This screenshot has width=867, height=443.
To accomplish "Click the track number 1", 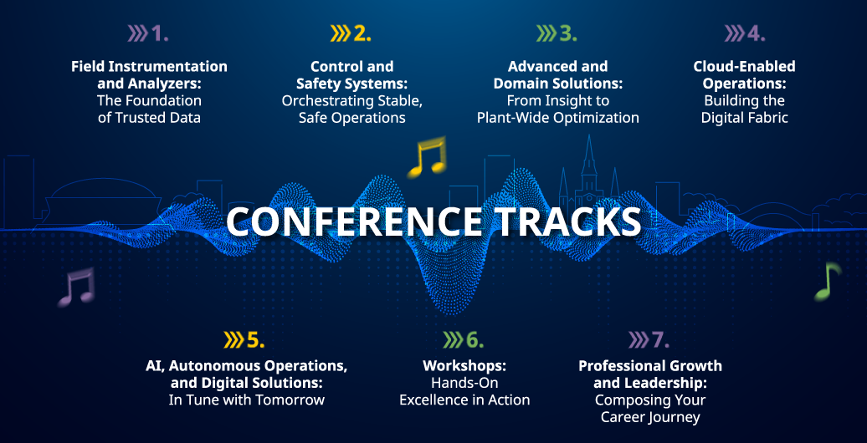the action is pyautogui.click(x=159, y=34).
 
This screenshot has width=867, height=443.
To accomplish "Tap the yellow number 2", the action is pyautogui.click(x=362, y=34).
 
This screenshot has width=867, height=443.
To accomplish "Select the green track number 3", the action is pyautogui.click(x=567, y=34).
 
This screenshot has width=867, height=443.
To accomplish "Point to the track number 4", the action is pyautogui.click(x=756, y=34).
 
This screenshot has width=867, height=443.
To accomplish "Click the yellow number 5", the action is pyautogui.click(x=255, y=340).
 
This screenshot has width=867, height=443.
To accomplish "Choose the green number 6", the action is pyautogui.click(x=475, y=340).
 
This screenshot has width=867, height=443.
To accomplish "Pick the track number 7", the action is pyautogui.click(x=660, y=340).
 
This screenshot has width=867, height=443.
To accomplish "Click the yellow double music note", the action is pyautogui.click(x=426, y=158).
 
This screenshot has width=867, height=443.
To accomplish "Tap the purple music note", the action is pyautogui.click(x=76, y=288).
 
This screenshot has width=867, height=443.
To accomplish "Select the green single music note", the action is pyautogui.click(x=827, y=282).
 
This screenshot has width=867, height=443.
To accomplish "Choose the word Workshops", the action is pyautogui.click(x=464, y=365).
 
